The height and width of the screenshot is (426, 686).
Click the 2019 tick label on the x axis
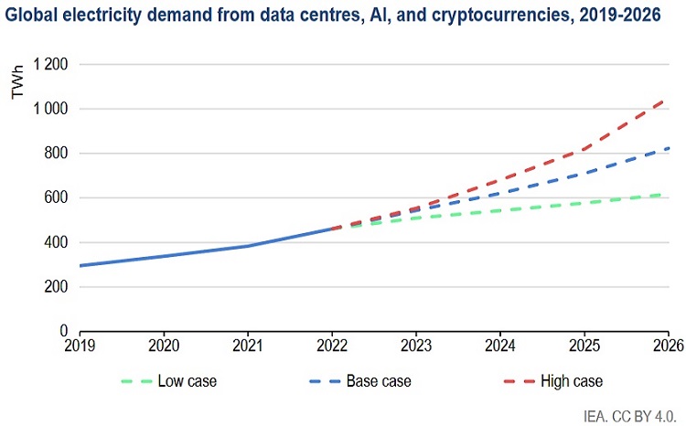(x=80, y=346)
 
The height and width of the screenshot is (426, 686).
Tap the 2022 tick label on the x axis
(x=332, y=346)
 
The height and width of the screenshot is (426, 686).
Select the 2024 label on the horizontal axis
(x=500, y=346)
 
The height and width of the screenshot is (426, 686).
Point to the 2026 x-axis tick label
(x=667, y=346)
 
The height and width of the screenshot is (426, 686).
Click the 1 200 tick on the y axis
(x=51, y=65)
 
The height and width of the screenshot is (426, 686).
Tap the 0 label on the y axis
(x=65, y=331)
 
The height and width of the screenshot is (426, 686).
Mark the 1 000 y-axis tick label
(x=51, y=110)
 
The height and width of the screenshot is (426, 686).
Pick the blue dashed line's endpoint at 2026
(x=667, y=148)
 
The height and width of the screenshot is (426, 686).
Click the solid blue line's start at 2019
(x=80, y=266)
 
